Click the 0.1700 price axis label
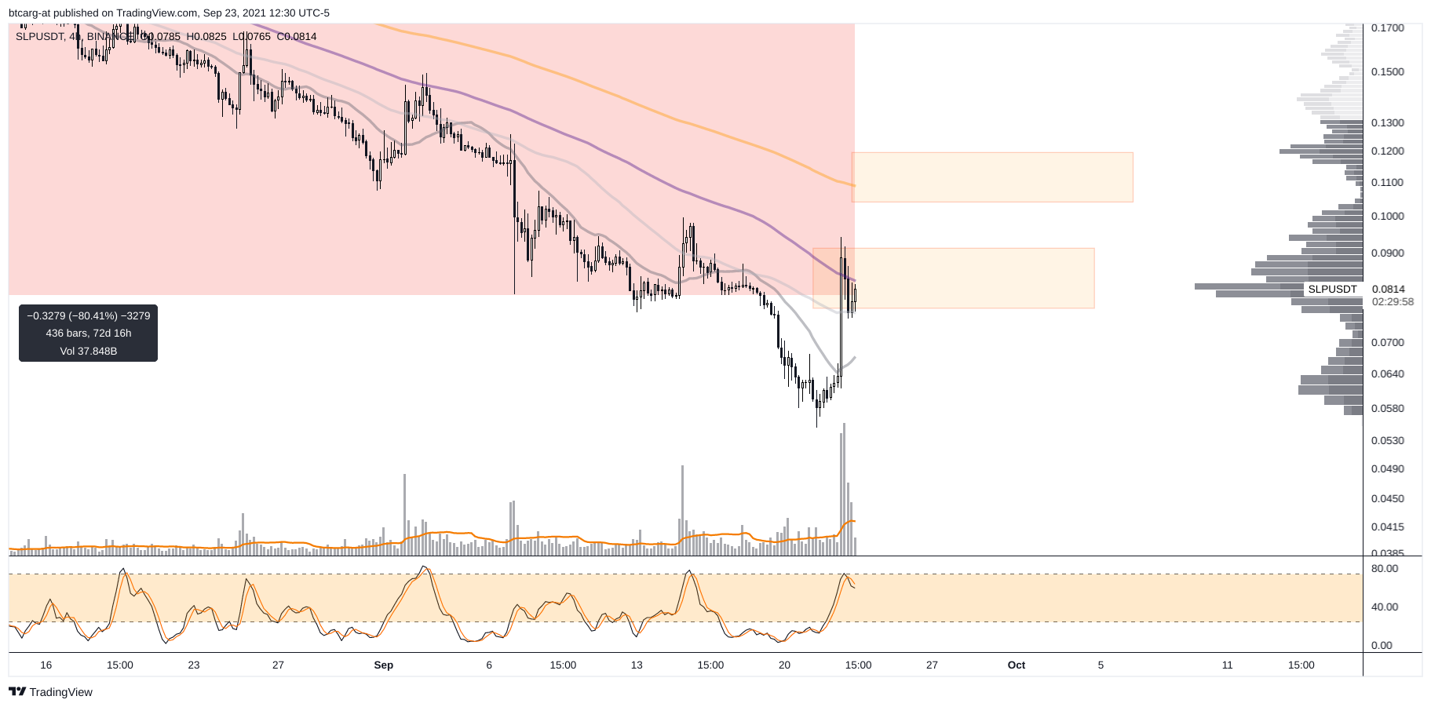pos(1387,27)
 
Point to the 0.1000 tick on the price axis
pos(1387,217)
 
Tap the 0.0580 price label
pos(1387,409)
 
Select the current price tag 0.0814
pos(1388,290)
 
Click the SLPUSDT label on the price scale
pos(1332,290)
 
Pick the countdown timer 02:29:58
pos(1393,302)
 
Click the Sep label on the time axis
pos(383,665)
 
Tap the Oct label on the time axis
pos(1016,665)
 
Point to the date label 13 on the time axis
pos(636,665)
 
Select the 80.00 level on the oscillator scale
pos(1385,569)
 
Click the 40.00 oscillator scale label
pos(1385,607)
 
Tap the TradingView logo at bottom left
pos(51,692)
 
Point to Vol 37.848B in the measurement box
pos(88,352)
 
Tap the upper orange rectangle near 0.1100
pos(991,177)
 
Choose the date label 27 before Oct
pos(931,665)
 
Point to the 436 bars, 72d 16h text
pos(88,333)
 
